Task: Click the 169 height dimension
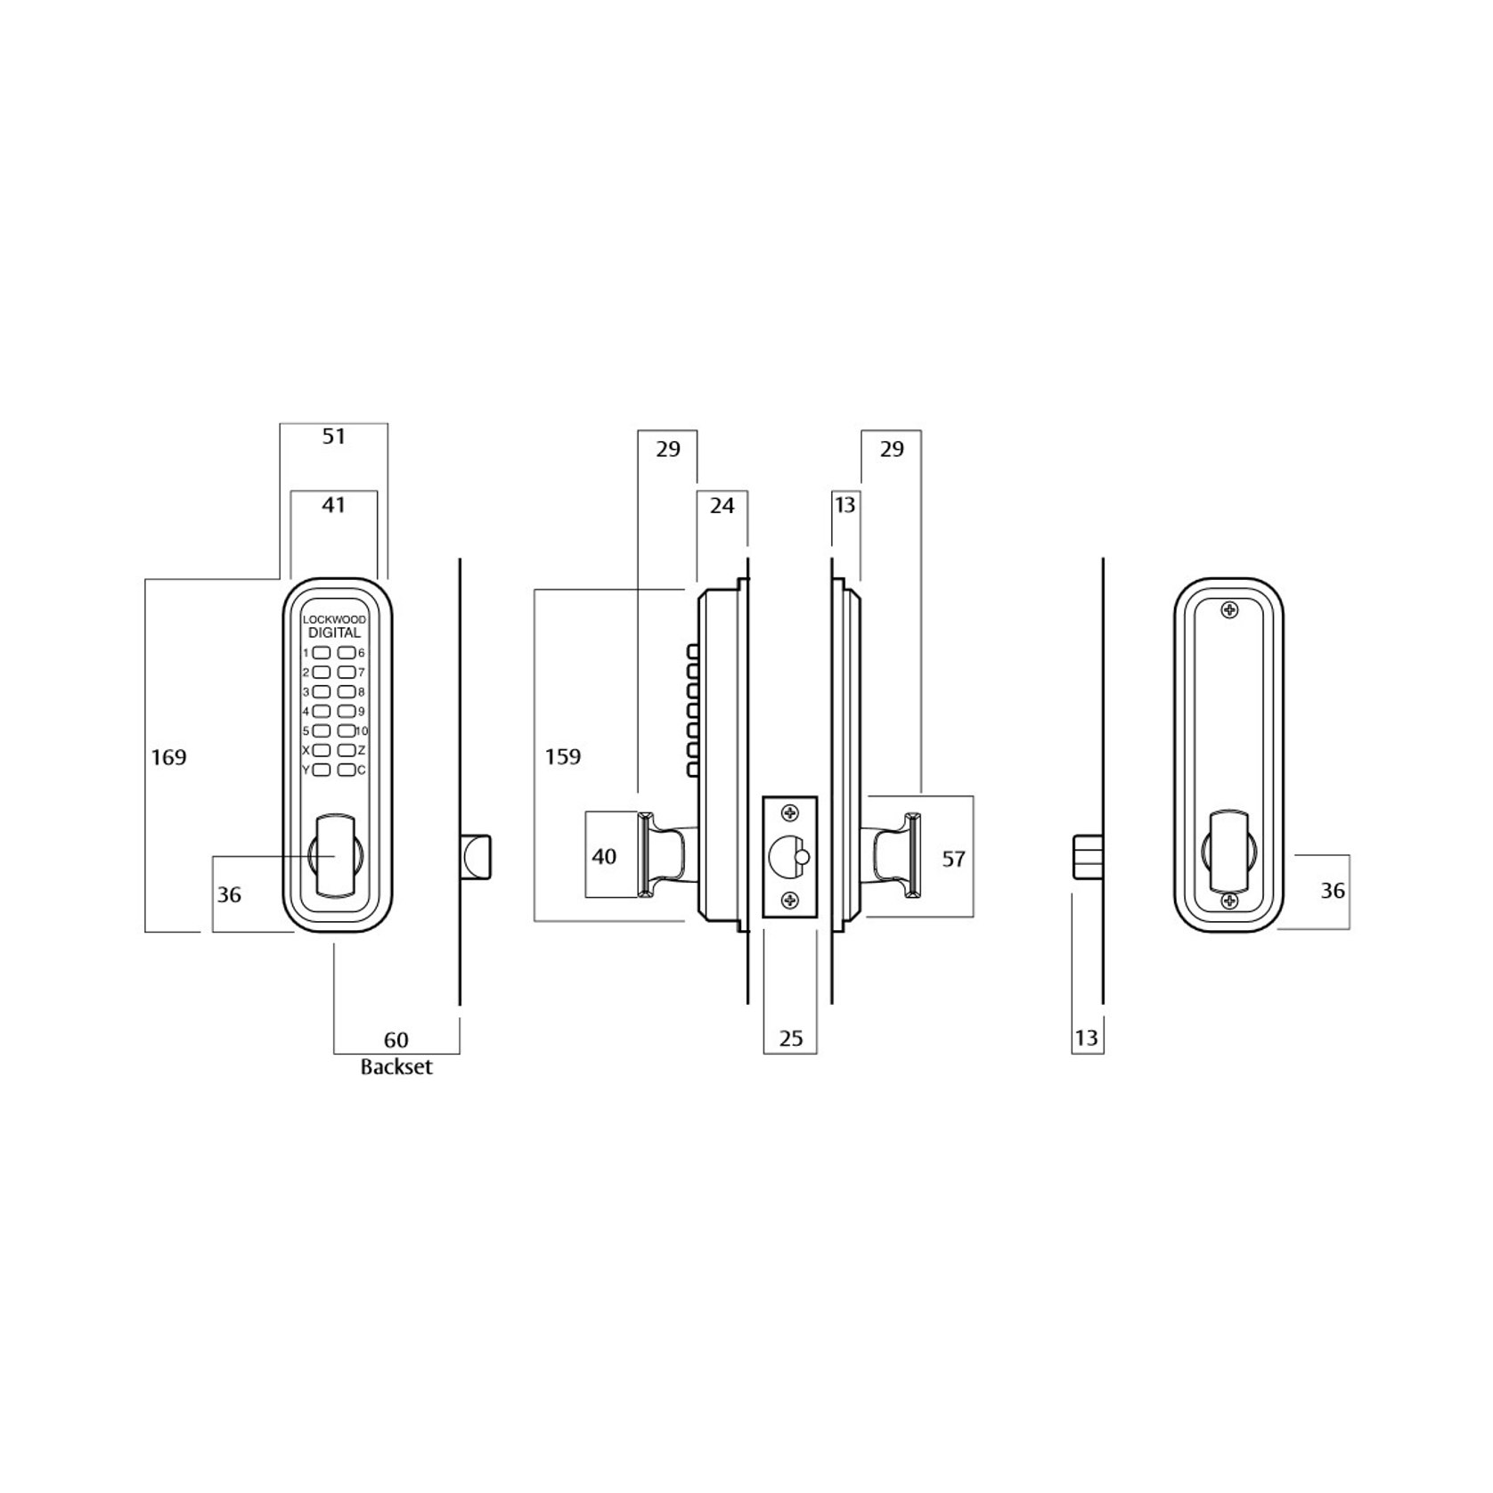[x=168, y=757]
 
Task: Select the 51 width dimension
[x=333, y=436]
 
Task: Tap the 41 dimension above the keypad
[x=333, y=504]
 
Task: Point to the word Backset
[x=396, y=1066]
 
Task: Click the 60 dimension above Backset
[x=396, y=1040]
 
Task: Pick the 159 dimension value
[x=563, y=756]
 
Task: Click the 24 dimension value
[x=722, y=505]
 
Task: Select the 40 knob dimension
[x=604, y=856]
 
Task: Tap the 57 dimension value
[x=953, y=859]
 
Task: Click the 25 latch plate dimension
[x=790, y=1038]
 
